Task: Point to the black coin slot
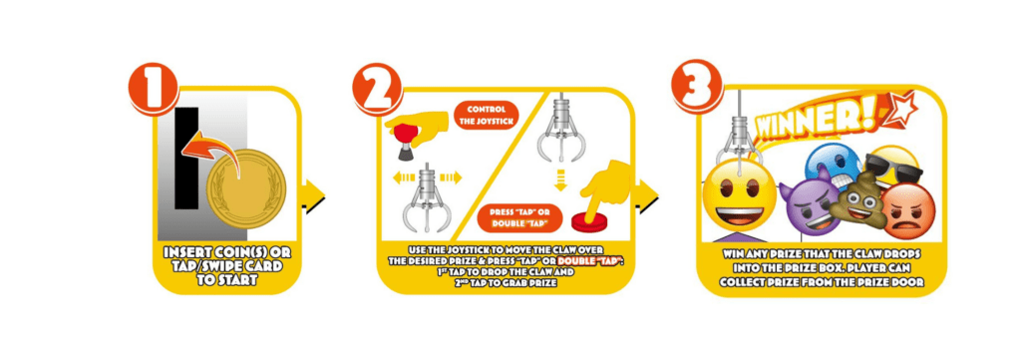tap(186, 159)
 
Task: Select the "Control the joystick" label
tap(487, 116)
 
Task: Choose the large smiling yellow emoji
tap(741, 194)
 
